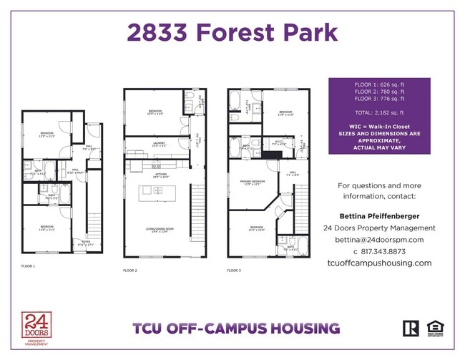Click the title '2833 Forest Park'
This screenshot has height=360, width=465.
tap(232, 32)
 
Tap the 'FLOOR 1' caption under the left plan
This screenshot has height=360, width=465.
tap(29, 266)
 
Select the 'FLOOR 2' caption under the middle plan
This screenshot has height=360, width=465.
tap(130, 271)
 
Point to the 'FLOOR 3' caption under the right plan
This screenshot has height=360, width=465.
tap(234, 271)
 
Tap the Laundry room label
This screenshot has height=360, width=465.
tap(159, 144)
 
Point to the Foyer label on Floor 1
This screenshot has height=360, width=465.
tap(86, 243)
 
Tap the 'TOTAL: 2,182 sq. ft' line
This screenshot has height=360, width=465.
tap(379, 113)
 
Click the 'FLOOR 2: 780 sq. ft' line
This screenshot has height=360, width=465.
tap(379, 92)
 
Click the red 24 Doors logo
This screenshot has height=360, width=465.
tap(36, 328)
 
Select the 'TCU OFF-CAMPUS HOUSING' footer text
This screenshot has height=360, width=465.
tap(236, 329)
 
